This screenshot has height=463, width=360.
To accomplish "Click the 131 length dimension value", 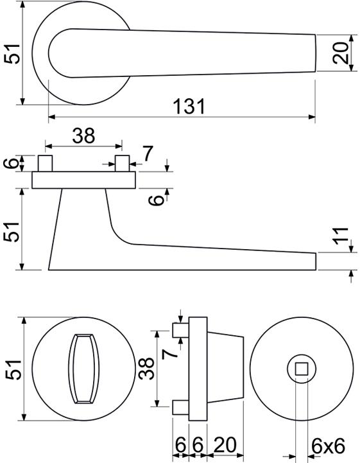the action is pos(189,107).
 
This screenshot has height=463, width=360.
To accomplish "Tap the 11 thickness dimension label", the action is pos(341,236).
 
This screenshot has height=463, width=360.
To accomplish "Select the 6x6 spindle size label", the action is pos(329,446).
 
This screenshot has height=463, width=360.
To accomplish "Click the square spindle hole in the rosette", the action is pos(302,369).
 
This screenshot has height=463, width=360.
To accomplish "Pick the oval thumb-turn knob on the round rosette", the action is pos(84,369).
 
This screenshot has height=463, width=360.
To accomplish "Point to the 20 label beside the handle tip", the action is pos(341,53).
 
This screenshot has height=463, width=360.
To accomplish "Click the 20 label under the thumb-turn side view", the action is pos(225,445).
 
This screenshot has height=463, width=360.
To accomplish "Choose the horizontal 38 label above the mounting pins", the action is pos(84,135).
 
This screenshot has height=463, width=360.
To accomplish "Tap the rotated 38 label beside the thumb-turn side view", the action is pos(147,369).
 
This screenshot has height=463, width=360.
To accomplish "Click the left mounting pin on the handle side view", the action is pos(45,163).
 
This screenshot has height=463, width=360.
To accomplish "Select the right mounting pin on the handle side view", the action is pos(122,163).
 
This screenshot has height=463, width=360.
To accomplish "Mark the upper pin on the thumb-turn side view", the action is pos(180,330).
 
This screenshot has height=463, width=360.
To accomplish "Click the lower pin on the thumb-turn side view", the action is pos(180,408).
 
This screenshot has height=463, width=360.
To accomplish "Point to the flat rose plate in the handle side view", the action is pos(84,180).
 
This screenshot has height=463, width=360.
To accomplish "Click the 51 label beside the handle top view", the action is pos(12,54).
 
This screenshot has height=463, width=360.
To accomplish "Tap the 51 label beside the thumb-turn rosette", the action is pos(13,369).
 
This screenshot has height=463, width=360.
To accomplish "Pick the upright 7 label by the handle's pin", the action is pos(148,153).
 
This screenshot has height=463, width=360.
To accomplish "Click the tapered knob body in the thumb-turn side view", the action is pos(225,369).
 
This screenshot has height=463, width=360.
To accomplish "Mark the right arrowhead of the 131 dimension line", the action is pos(312,117).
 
